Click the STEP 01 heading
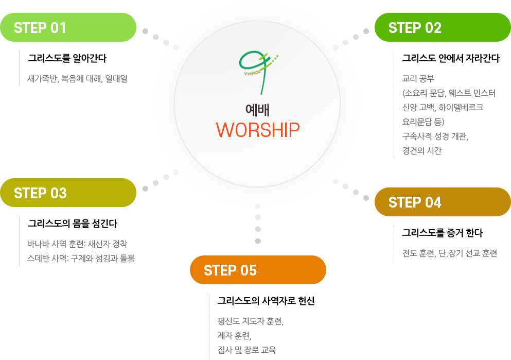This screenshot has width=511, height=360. point(40,28)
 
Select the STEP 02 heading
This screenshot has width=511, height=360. point(415,28)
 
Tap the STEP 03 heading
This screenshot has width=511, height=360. point(40,193)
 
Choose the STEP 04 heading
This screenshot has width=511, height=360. point(415,202)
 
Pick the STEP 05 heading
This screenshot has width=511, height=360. point(230,270)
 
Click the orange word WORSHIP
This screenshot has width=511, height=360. point(257,130)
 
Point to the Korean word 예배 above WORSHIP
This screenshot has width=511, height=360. point(257,109)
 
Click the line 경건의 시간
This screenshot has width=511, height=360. point(421,151)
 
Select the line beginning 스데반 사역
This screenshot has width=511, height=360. point(80,258)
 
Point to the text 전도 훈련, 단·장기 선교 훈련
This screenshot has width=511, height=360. point(449,253)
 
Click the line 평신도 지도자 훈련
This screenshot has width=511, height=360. point(250,321)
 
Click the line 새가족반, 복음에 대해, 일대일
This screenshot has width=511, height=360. point(77,79)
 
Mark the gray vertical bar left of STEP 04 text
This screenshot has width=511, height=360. point(394,244)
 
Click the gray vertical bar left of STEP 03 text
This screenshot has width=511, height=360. point(19,241)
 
